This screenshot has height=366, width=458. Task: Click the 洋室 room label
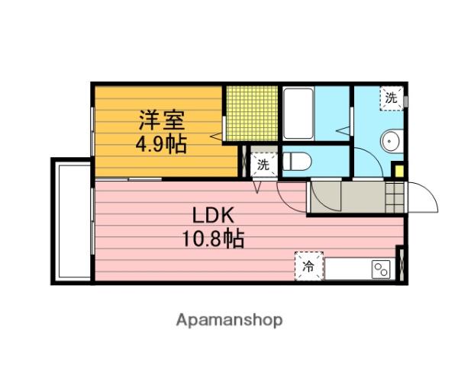162,120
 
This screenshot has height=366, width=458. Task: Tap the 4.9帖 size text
161,143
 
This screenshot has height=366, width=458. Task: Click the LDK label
213,215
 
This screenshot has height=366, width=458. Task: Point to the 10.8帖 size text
213,239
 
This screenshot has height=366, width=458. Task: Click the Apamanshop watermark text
229,320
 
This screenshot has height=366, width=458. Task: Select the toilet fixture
297,161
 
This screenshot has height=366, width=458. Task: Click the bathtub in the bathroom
298,114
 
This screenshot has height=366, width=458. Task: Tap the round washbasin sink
392,141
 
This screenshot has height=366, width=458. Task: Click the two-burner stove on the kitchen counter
381,269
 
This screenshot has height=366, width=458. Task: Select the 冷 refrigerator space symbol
309,266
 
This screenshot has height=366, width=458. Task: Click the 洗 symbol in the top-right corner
392,98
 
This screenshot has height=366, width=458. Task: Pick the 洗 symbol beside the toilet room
263,165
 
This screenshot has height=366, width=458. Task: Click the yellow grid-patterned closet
251,114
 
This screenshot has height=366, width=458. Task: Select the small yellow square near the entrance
398,171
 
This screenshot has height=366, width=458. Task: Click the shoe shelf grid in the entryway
395,197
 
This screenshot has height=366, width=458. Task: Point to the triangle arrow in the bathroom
343,130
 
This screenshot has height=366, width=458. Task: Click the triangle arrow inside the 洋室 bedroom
217,136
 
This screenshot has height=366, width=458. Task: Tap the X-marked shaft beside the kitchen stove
402,264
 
